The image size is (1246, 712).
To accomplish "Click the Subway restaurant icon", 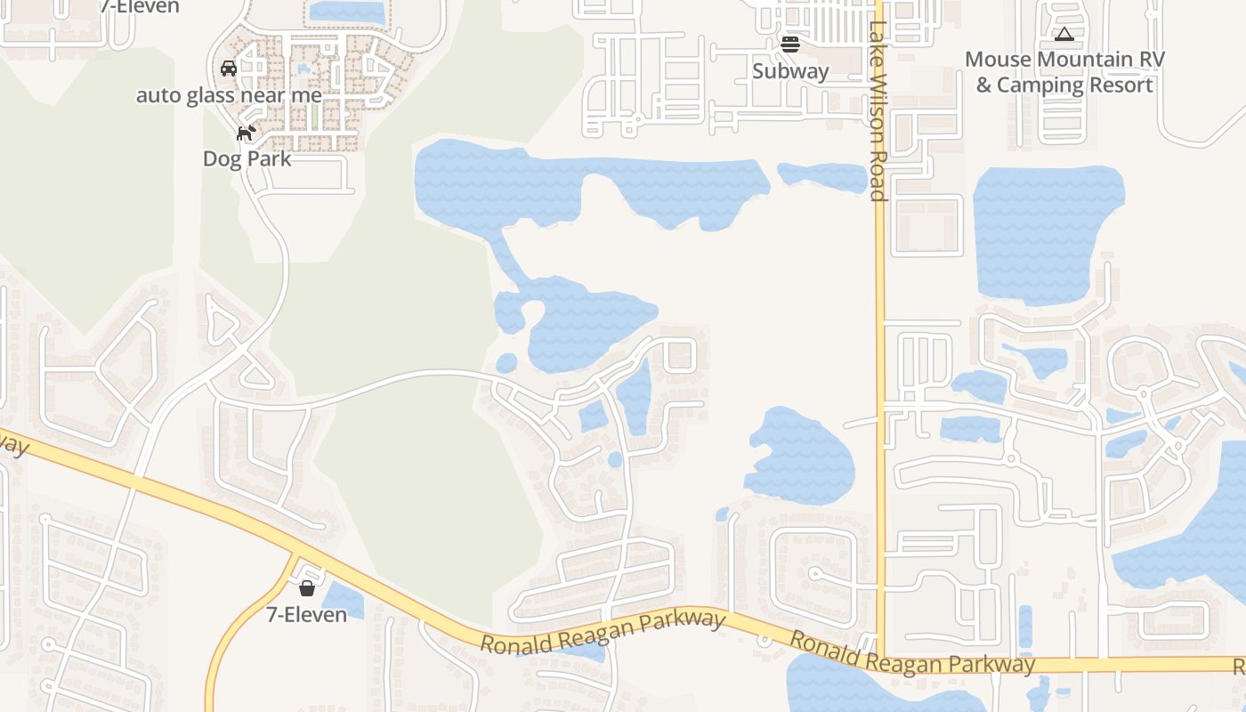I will click(790, 43).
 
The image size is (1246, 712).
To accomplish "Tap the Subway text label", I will click(790, 71).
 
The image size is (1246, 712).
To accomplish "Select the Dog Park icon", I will click(246, 133).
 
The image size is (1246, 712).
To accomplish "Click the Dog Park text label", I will click(247, 159).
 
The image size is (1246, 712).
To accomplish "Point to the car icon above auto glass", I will click(229, 69).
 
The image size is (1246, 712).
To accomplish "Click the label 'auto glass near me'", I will click(229, 95).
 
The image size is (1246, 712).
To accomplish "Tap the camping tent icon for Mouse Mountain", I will click(1063, 35).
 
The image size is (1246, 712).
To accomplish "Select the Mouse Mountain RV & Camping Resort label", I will click(1064, 72).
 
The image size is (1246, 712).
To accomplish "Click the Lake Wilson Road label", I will click(878, 111).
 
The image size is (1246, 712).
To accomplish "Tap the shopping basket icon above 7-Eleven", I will click(307, 588).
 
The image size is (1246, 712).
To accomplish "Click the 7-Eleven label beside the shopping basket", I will click(307, 614).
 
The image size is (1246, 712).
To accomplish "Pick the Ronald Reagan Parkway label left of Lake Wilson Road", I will click(603, 631).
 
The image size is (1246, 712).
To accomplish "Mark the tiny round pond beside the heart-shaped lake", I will click(506, 363).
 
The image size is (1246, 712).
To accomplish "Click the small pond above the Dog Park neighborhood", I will click(346, 12).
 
